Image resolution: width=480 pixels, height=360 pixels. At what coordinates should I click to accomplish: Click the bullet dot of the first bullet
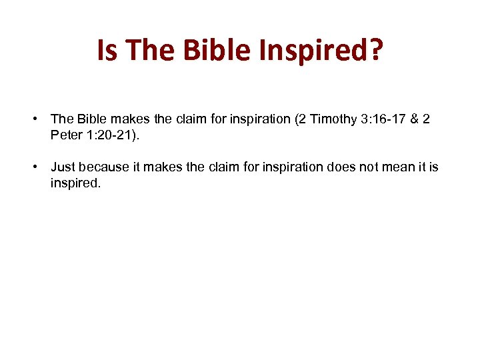tap(33, 119)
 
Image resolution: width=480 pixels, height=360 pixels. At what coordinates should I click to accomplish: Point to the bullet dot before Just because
tap(33, 167)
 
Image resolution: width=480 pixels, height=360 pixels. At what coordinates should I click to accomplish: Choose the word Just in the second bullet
tap(63, 167)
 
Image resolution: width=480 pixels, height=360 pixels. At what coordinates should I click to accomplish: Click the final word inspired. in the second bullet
tap(75, 183)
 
